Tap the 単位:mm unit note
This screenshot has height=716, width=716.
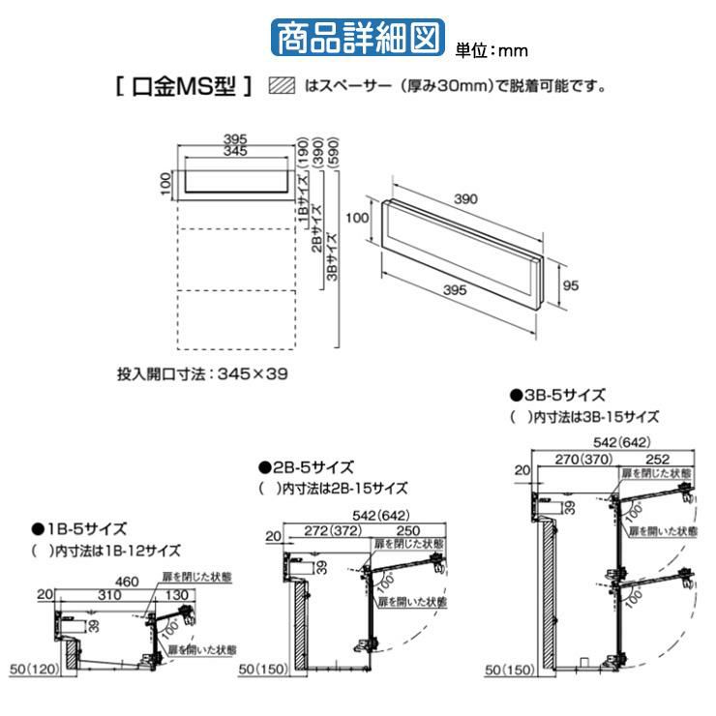(492, 48)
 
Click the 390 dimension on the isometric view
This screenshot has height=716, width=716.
(466, 198)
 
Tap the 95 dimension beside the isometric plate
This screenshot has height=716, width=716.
(571, 284)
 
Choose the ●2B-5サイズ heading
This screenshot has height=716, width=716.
(305, 466)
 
